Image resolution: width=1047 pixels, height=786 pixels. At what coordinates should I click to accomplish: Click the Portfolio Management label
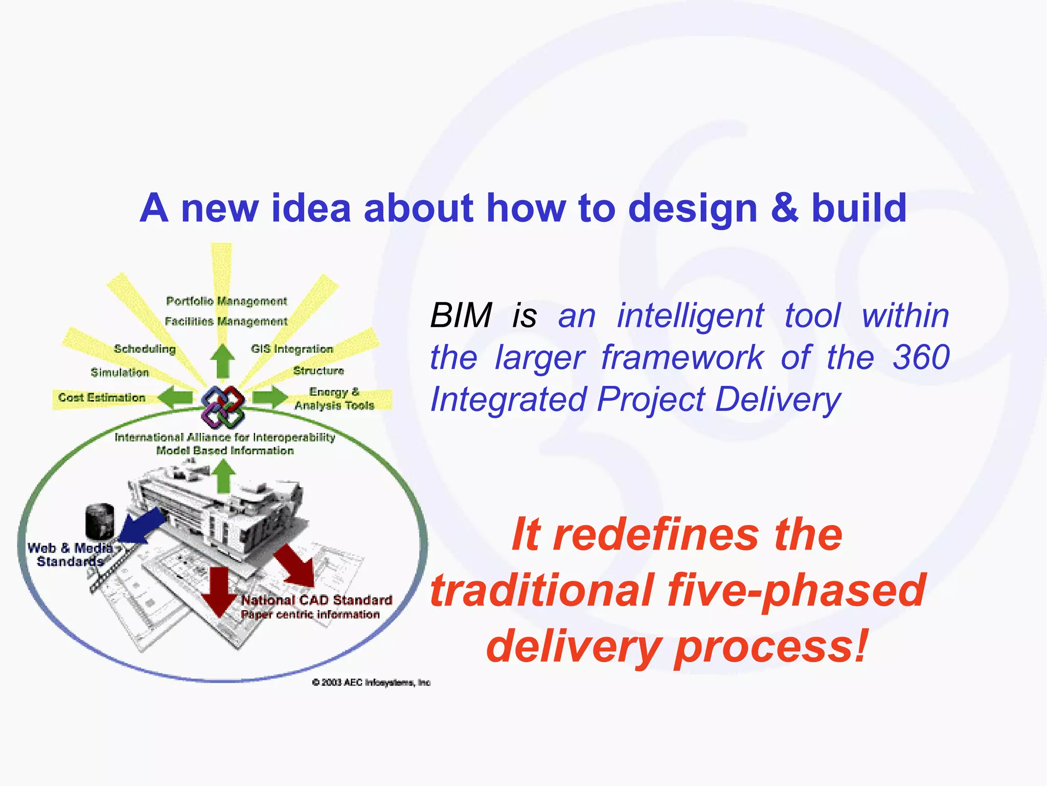point(226,301)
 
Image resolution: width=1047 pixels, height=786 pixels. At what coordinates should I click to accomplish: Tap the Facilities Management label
point(226,321)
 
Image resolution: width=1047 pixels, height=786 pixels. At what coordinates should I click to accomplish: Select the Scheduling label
point(145,349)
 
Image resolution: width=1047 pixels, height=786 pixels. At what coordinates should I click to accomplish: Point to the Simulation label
point(120,373)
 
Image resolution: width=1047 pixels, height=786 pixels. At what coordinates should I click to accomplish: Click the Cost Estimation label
point(102,398)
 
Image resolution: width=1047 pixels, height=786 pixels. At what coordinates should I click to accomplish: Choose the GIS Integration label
point(292,349)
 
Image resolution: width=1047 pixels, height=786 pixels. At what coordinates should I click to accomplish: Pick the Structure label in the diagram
point(318,370)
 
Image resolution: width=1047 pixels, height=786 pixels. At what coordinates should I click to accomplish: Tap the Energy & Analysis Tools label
point(334,399)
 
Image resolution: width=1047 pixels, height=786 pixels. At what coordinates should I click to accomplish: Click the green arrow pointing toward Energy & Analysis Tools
point(270,397)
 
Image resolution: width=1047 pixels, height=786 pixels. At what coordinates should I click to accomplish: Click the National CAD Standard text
point(316,600)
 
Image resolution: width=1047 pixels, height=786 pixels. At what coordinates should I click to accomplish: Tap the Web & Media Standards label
point(70,555)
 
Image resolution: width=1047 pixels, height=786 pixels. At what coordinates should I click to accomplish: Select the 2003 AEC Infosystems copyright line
point(371,682)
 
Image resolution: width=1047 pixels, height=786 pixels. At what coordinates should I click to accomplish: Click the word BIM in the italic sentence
point(461,315)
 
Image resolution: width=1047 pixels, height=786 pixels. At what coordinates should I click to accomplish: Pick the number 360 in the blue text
point(921,357)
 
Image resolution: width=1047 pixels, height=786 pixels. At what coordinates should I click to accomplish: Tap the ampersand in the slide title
point(784,208)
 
